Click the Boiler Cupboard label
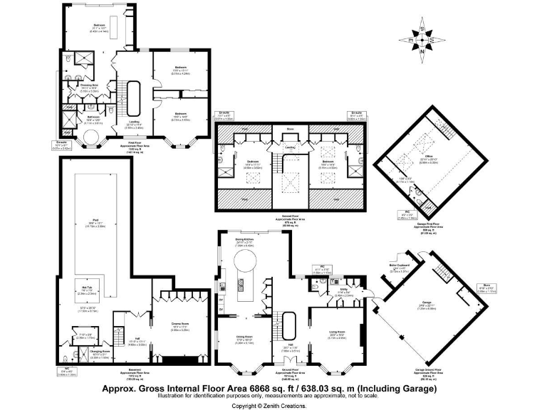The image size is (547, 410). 398,266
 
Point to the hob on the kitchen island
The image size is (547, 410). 242,287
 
